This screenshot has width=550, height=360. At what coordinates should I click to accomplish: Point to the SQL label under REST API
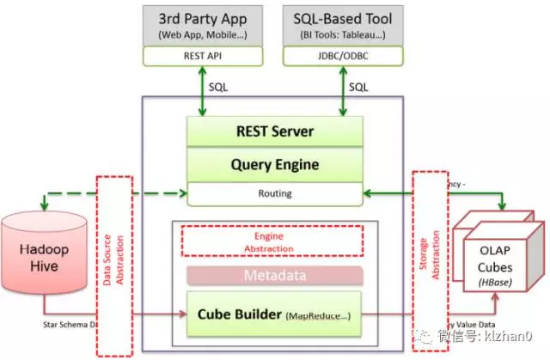click(x=218, y=87)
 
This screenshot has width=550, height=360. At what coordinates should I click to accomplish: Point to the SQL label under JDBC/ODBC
click(x=358, y=87)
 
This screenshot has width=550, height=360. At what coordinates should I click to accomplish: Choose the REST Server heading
click(x=274, y=132)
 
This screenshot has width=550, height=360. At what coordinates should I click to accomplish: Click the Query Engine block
click(x=274, y=164)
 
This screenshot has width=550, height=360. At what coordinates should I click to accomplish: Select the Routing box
click(x=274, y=194)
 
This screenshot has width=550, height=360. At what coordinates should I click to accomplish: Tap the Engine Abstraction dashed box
click(x=274, y=241)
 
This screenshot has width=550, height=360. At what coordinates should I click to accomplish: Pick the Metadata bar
click(x=274, y=276)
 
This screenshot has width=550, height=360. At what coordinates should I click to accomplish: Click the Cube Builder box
click(x=274, y=315)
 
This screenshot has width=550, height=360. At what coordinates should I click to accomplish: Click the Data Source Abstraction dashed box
click(x=113, y=266)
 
